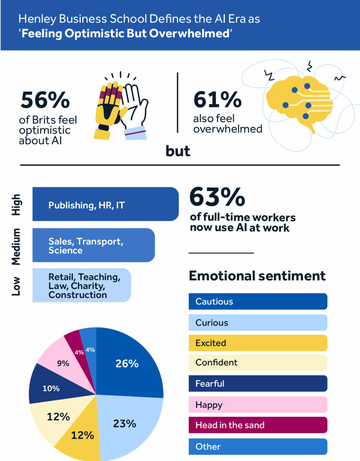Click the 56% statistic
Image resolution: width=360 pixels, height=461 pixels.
(45, 100)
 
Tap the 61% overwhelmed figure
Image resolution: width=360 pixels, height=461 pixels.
(217, 100)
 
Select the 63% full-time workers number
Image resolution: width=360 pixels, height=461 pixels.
(217, 197)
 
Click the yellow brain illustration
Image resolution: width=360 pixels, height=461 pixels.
(299, 102)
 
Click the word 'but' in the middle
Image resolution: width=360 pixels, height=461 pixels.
(178, 151)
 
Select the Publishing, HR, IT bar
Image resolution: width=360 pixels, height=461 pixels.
(105, 204)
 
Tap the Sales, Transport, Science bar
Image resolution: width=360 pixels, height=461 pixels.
(93, 245)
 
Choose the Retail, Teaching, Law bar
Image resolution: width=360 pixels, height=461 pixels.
(81, 286)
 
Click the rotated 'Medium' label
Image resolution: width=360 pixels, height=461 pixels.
(16, 246)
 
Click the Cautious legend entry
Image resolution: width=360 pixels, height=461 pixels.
(258, 301)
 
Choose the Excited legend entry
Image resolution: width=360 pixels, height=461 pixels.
(258, 343)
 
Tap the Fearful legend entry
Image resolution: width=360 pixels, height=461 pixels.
(258, 383)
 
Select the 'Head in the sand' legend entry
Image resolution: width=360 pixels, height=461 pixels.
(258, 425)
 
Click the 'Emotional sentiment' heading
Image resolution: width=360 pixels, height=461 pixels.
(257, 276)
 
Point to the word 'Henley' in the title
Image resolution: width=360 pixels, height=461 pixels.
(37, 19)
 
